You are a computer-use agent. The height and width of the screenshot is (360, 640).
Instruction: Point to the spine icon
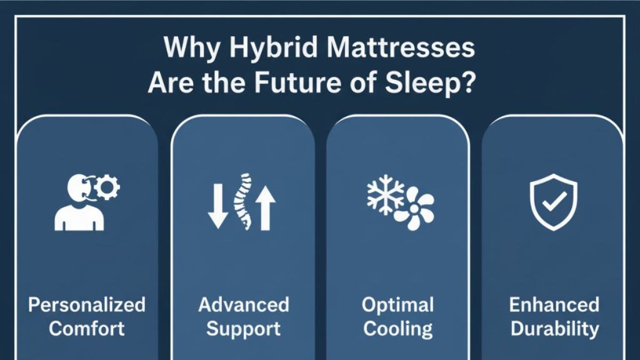pos(242,202)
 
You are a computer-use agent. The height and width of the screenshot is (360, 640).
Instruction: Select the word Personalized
pos(87,305)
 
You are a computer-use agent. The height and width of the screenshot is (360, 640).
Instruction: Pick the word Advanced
pos(243,305)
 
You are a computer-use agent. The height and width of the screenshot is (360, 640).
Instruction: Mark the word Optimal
pos(397,305)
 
